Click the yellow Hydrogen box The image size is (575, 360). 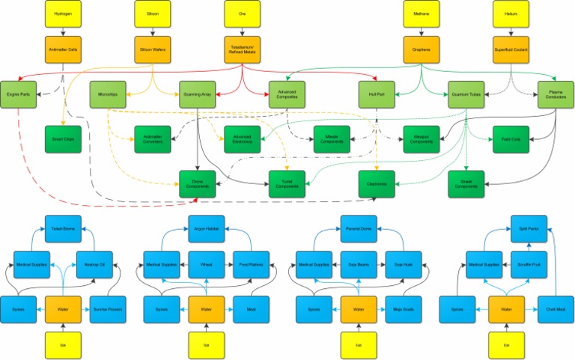point(63,14)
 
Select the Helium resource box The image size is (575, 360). point(511,14)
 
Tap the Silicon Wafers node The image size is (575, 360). point(153,49)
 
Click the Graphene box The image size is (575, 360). point(422,49)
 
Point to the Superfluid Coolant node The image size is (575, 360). point(511,49)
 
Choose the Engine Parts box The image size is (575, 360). point(18,94)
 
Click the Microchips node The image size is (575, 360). point(108,94)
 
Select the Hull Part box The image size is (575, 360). point(377,94)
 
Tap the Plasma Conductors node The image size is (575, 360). point(556,94)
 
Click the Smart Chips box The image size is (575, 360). point(63,138)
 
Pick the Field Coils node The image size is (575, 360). point(511,138)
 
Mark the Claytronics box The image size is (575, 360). point(377,183)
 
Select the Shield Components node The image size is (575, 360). point(466,183)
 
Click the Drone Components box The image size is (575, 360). point(198,183)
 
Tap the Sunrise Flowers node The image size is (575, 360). point(108,308)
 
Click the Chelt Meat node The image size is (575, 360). point(556,308)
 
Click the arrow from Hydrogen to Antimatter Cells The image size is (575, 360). point(63,31)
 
